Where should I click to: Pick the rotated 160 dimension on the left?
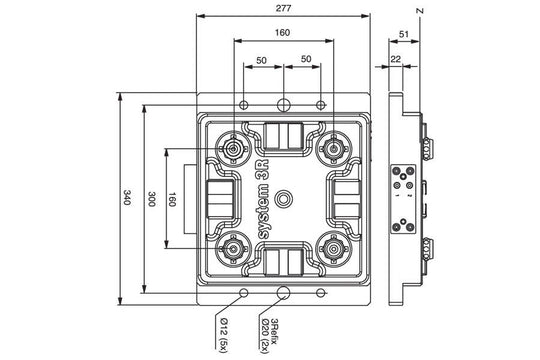(x=172, y=199)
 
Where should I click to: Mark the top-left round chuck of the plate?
(x=235, y=150)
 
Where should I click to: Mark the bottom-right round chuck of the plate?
(x=330, y=246)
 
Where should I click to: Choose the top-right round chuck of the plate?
(x=330, y=150)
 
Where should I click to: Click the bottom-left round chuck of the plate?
(x=235, y=246)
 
